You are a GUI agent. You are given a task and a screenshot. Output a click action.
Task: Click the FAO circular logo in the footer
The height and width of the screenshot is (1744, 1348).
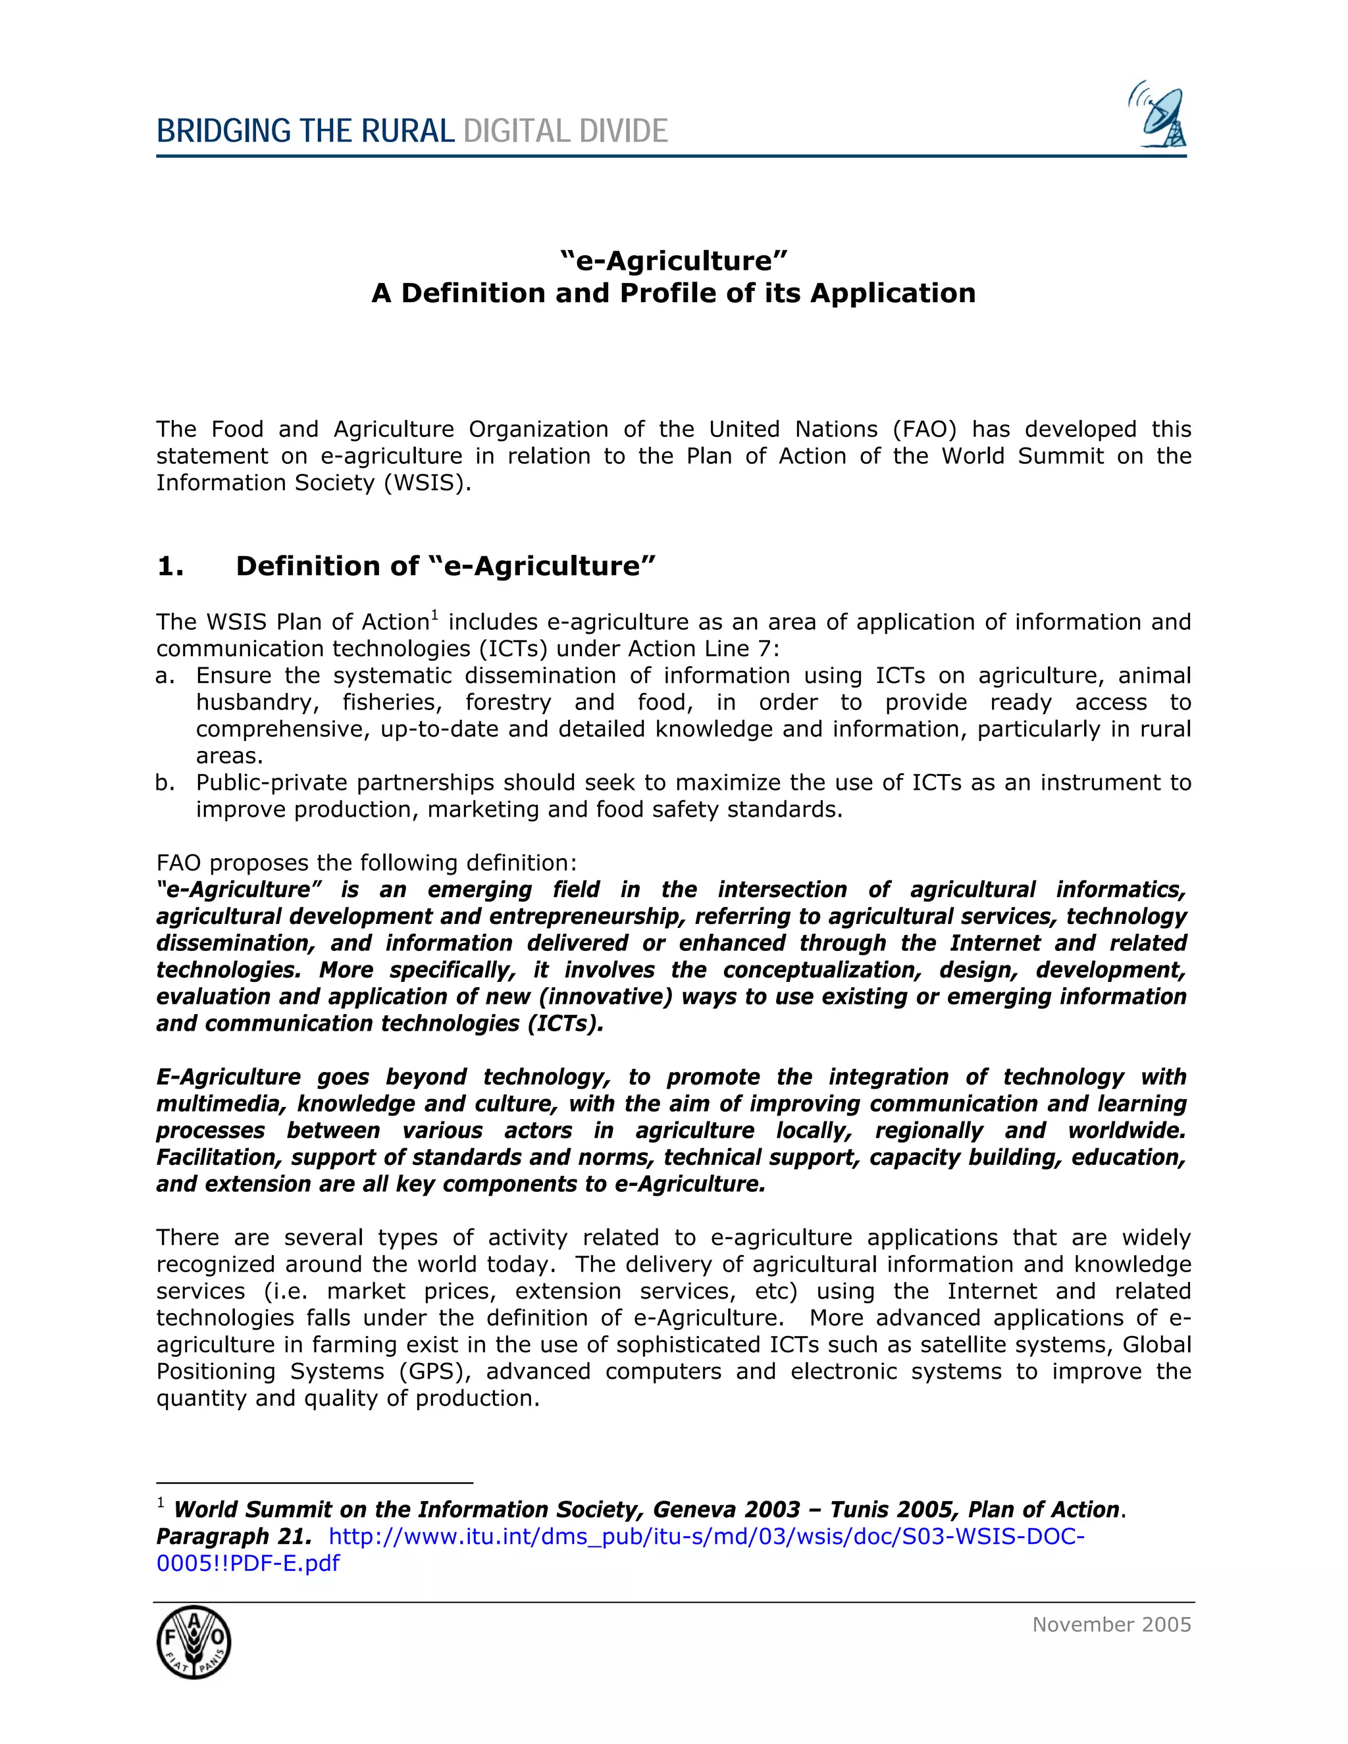tap(194, 1643)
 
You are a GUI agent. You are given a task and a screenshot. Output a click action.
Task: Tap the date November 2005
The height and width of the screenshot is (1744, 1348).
tap(1111, 1624)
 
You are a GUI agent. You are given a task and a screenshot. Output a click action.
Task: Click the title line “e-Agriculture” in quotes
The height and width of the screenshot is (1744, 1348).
tap(673, 261)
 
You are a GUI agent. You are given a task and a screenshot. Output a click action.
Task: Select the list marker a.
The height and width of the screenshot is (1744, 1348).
tap(165, 676)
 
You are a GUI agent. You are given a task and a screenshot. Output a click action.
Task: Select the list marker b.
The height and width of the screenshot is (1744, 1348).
tap(165, 782)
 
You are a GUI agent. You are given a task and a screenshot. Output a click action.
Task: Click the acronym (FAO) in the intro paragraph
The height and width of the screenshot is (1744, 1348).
tap(925, 430)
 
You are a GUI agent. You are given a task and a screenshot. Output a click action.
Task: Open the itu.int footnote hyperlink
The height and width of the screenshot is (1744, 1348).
tap(706, 1537)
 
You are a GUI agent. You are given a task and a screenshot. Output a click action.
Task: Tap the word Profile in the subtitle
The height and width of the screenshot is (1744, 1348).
tap(669, 293)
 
